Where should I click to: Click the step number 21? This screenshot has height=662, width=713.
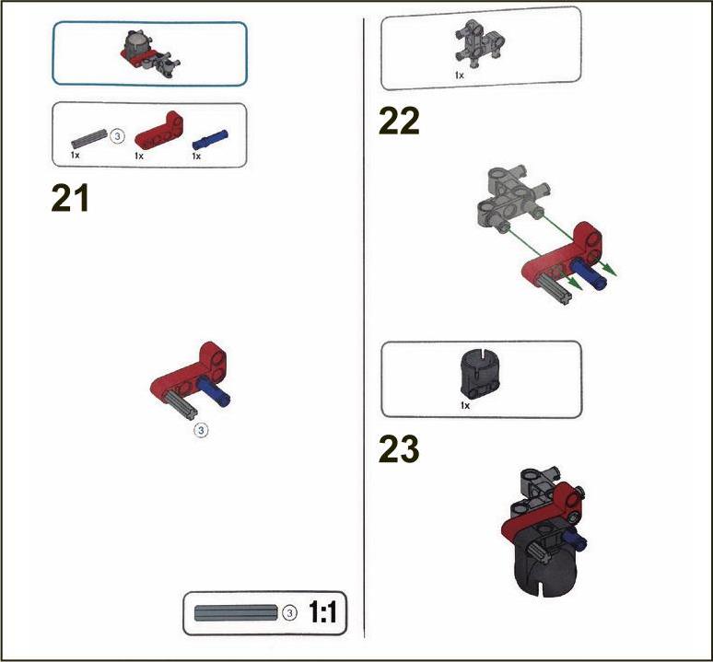[70, 198]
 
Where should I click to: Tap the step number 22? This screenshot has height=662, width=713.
[399, 122]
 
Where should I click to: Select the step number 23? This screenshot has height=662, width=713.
[399, 449]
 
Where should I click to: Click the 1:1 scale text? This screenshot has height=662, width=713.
[322, 612]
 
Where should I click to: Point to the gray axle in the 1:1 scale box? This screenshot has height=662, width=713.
[236, 613]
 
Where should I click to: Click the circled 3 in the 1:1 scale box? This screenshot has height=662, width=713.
[289, 613]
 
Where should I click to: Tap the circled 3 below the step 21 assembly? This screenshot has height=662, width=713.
[201, 430]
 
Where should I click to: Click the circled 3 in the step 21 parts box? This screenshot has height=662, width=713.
[117, 136]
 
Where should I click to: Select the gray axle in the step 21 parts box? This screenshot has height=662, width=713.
[89, 138]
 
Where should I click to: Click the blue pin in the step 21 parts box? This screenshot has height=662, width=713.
[210, 139]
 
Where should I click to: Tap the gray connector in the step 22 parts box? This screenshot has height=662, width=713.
[479, 45]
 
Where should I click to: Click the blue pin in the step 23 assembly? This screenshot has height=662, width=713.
[574, 540]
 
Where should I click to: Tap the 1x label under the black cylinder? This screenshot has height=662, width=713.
[465, 405]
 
